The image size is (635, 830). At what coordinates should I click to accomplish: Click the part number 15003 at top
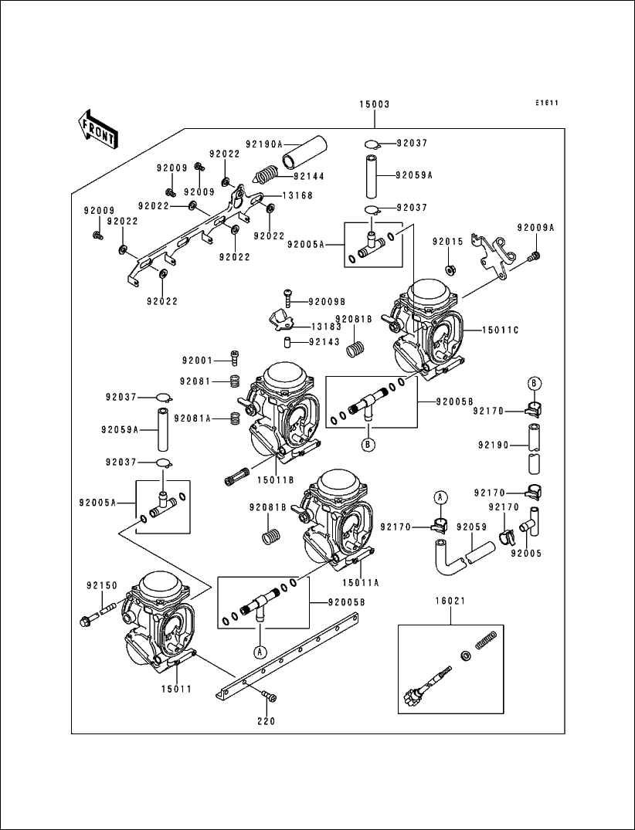[x=374, y=105]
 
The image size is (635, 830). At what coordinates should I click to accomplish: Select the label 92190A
[x=264, y=144]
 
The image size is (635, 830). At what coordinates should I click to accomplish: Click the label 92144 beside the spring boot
[x=311, y=176]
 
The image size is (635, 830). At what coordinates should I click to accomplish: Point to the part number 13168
[x=297, y=195]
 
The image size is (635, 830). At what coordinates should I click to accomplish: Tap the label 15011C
[x=501, y=330]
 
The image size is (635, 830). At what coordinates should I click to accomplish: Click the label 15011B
[x=277, y=480]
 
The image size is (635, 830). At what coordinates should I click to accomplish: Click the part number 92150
[x=100, y=585]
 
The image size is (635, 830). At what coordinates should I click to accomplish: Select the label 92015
[x=447, y=242]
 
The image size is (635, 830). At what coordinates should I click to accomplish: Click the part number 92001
[x=198, y=360]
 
